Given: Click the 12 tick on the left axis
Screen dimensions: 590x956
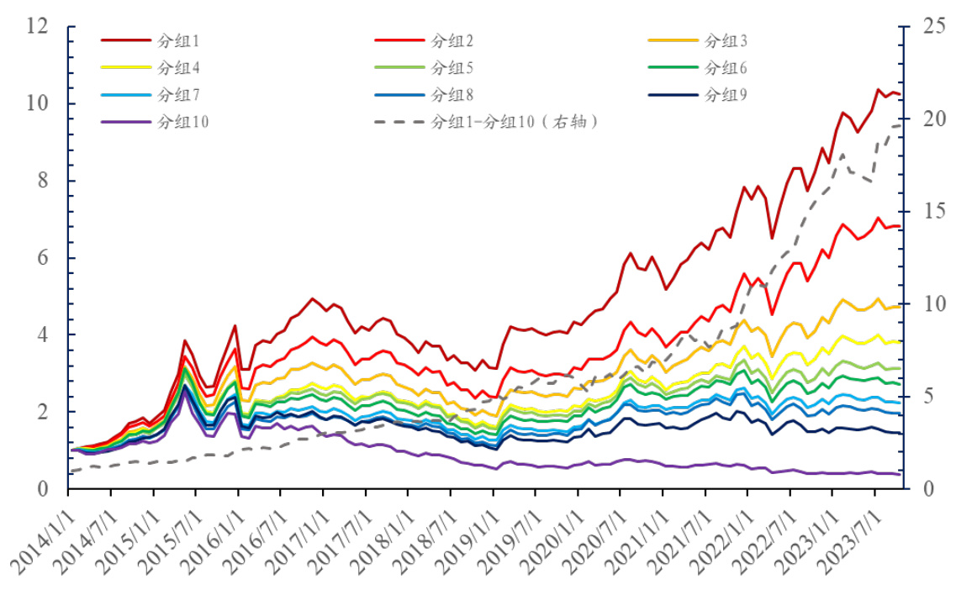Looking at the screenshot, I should tap(37, 26).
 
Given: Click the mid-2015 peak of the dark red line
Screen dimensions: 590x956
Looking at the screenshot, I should tap(185, 341).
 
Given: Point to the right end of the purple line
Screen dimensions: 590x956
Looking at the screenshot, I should tap(900, 474).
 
